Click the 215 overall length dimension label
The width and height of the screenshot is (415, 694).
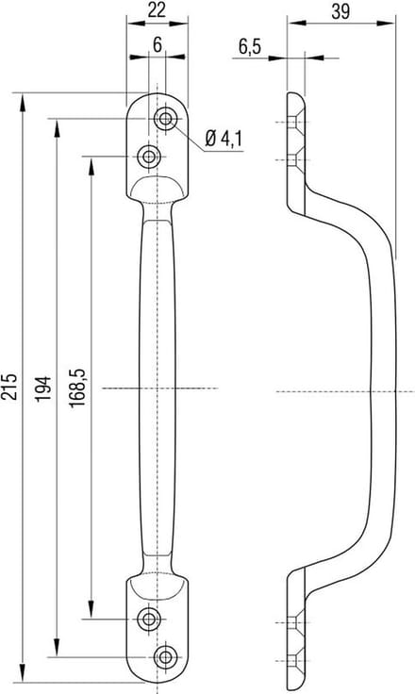(10, 387)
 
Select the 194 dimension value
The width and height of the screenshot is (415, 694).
(43, 388)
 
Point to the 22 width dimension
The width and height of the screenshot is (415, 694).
(157, 9)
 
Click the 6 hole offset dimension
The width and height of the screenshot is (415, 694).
(158, 44)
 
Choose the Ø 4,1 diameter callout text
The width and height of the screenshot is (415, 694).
(224, 139)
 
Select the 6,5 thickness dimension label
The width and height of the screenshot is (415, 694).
(250, 47)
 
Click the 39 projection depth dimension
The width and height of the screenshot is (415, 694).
(340, 11)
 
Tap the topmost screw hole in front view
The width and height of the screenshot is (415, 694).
(166, 119)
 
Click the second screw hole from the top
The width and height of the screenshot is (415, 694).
(148, 157)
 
